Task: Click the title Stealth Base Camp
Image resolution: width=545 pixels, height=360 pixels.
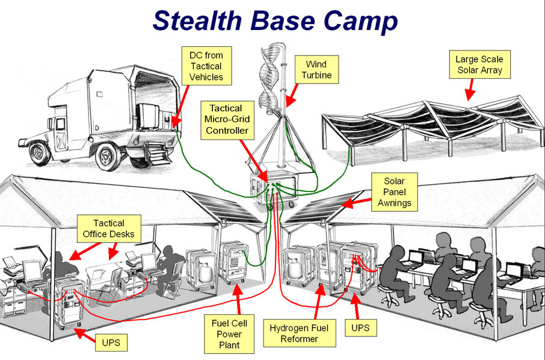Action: (275, 20)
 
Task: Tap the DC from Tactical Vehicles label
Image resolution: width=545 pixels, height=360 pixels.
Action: (205, 66)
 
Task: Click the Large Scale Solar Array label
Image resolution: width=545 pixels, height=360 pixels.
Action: (479, 65)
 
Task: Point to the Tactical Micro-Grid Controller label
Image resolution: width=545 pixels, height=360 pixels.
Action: (226, 119)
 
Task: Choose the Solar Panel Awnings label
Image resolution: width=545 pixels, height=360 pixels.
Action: (394, 191)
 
